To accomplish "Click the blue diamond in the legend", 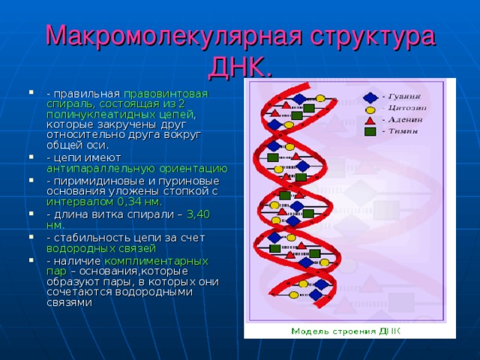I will (370, 97).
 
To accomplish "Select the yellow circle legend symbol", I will (370, 109).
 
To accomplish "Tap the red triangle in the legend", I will (370, 120).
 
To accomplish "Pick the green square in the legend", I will (370, 131).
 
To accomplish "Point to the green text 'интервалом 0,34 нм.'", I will (104, 202).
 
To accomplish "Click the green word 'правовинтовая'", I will (166, 94).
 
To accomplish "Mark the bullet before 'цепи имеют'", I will (31, 159).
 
